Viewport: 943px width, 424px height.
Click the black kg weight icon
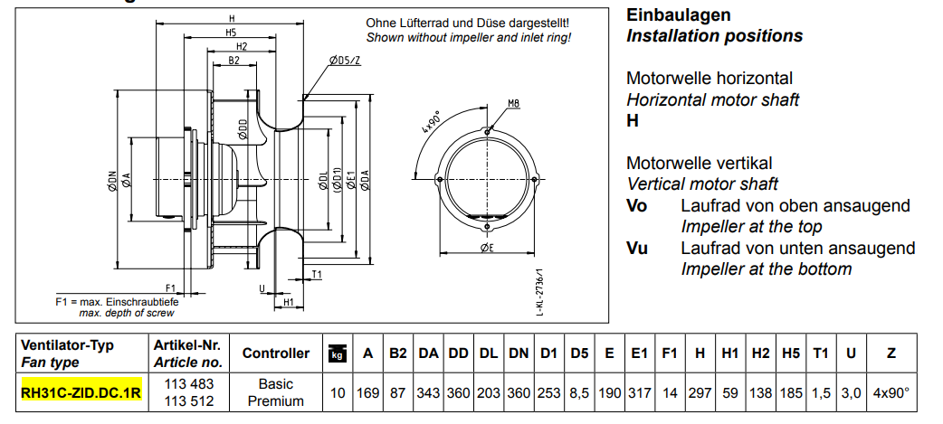[337, 353]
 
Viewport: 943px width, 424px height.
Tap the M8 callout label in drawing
[513, 103]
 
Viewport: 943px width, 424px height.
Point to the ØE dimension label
[486, 247]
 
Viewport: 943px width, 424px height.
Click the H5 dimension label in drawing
[232, 33]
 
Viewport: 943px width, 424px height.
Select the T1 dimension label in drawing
[318, 274]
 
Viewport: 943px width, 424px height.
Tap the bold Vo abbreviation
[637, 206]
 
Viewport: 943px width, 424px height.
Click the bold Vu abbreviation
[637, 248]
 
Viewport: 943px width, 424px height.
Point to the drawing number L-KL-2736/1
[540, 290]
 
